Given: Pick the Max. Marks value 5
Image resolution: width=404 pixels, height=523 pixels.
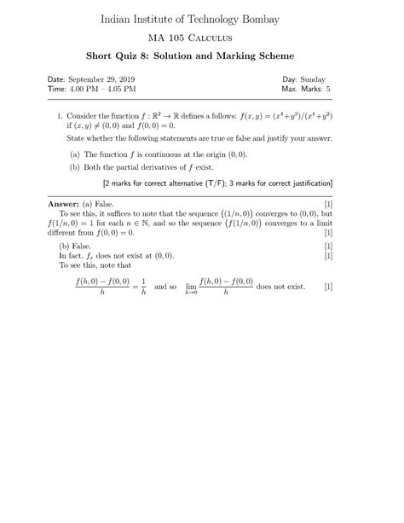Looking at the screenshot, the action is [x=327, y=88].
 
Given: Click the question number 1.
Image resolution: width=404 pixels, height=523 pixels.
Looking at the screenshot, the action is [x=59, y=114].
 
